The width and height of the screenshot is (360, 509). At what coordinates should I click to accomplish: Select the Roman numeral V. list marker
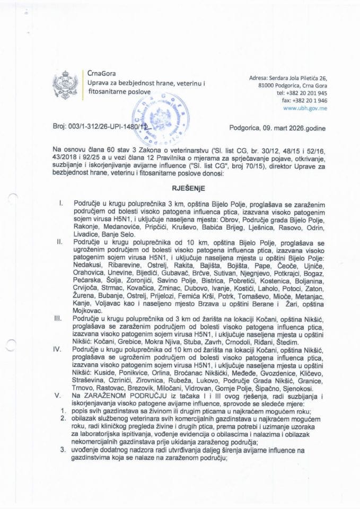click(62, 396)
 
